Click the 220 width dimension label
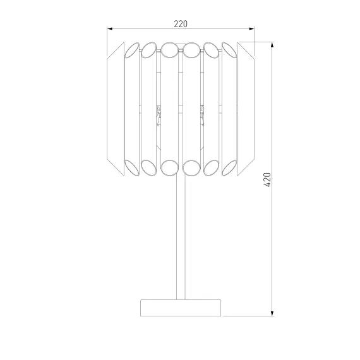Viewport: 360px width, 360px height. [x=181, y=24]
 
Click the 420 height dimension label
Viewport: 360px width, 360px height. [x=268, y=179]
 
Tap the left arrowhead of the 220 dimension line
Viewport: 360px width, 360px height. [x=110, y=28]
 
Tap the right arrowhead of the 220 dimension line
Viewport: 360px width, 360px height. [x=251, y=28]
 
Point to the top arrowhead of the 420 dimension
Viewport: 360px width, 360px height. [x=272, y=45]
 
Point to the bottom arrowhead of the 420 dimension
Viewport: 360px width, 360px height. [x=272, y=313]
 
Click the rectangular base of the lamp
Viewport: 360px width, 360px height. [x=181, y=308]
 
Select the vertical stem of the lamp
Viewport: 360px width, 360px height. [x=181, y=237]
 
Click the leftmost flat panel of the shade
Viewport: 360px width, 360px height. [x=116, y=109]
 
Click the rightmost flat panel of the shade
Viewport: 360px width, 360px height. [x=246, y=109]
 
